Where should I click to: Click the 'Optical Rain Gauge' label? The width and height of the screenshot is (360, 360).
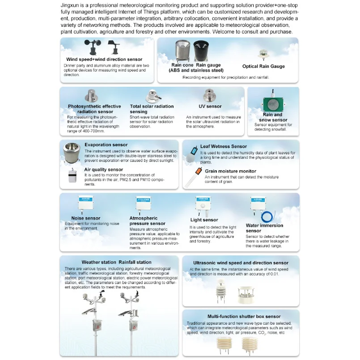tap(263, 67)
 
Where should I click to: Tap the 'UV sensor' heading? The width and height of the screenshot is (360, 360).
tap(210, 106)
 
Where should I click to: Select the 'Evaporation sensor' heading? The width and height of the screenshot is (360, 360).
tap(106, 145)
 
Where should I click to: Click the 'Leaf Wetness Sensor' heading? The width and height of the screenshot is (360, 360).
tap(223, 146)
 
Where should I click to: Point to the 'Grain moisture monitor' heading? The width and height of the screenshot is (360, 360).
tap(230, 171)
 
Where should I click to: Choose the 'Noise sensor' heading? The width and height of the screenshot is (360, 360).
tap(86, 218)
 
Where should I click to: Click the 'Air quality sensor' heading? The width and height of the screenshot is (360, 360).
tap(103, 170)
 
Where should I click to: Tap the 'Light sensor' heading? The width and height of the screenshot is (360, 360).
tap(204, 220)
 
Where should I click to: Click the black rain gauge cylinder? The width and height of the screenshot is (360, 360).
tap(199, 52)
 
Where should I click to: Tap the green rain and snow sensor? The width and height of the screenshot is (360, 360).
tap(272, 103)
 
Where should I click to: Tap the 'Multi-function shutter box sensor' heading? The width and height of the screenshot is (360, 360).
tap(237, 317)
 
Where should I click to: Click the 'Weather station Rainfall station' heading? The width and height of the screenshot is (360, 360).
tap(116, 263)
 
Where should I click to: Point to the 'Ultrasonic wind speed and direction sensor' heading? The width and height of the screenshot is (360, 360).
tap(241, 263)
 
